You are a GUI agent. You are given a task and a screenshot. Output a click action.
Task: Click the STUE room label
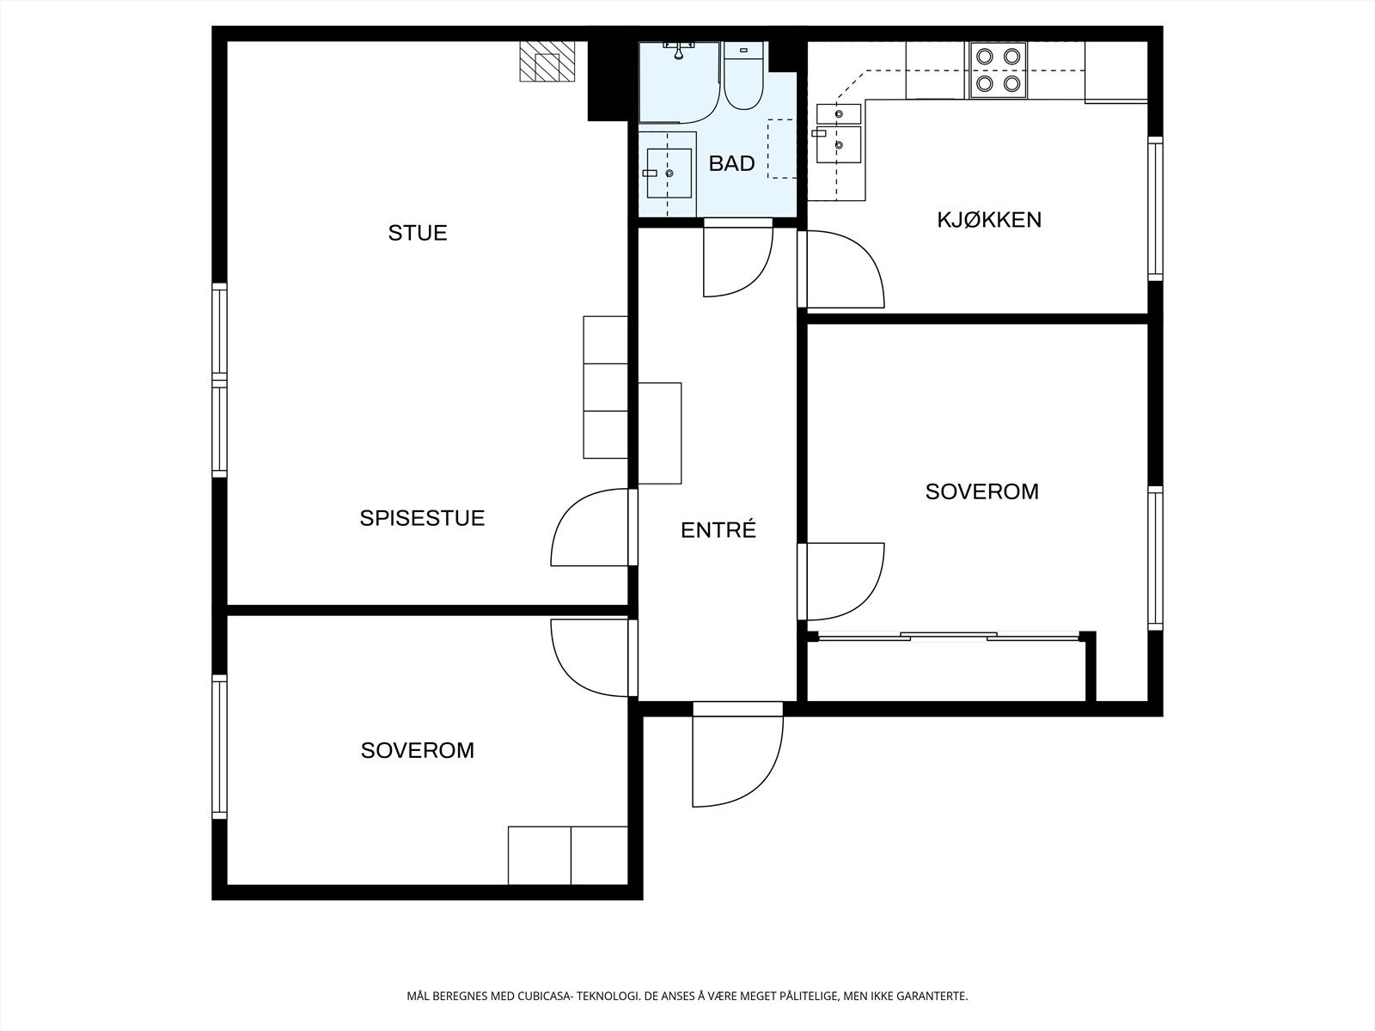[x=417, y=233]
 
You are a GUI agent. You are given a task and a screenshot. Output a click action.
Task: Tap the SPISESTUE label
[x=422, y=518]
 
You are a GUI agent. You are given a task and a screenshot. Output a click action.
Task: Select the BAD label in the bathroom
[x=731, y=163]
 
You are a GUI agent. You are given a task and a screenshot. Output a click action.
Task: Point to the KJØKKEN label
[x=989, y=220]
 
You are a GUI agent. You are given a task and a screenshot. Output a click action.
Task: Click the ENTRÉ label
[x=718, y=530]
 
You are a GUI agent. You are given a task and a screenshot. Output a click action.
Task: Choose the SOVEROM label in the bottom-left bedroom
[x=417, y=750]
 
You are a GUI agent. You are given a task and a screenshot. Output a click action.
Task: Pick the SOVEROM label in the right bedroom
[x=981, y=491]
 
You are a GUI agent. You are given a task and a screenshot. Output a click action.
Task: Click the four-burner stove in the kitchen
[x=999, y=70]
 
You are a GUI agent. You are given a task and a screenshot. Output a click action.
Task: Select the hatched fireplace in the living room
[x=547, y=61]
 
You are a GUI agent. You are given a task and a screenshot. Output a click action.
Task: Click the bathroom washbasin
[x=669, y=174]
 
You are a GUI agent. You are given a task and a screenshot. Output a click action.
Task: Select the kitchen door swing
[x=844, y=269]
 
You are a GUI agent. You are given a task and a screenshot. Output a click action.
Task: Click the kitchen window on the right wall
[x=1156, y=209]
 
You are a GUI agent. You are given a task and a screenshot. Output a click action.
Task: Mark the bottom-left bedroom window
[x=219, y=746]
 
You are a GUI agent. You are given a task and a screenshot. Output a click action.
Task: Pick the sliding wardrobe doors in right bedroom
[x=949, y=637]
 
